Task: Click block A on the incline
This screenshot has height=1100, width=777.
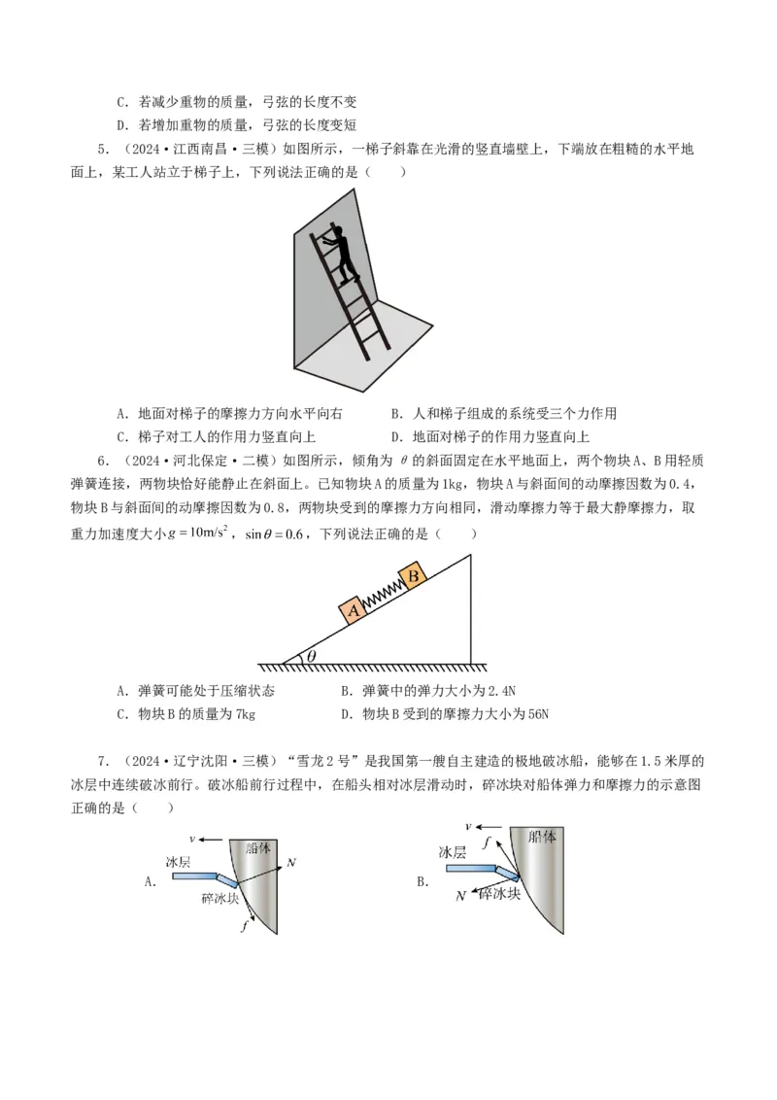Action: (353, 609)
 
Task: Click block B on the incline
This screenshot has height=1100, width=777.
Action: (414, 574)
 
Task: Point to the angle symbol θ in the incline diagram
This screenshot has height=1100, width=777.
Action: (312, 656)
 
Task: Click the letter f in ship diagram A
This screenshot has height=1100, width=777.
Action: (244, 927)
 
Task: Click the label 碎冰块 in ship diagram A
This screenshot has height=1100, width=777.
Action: (220, 899)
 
